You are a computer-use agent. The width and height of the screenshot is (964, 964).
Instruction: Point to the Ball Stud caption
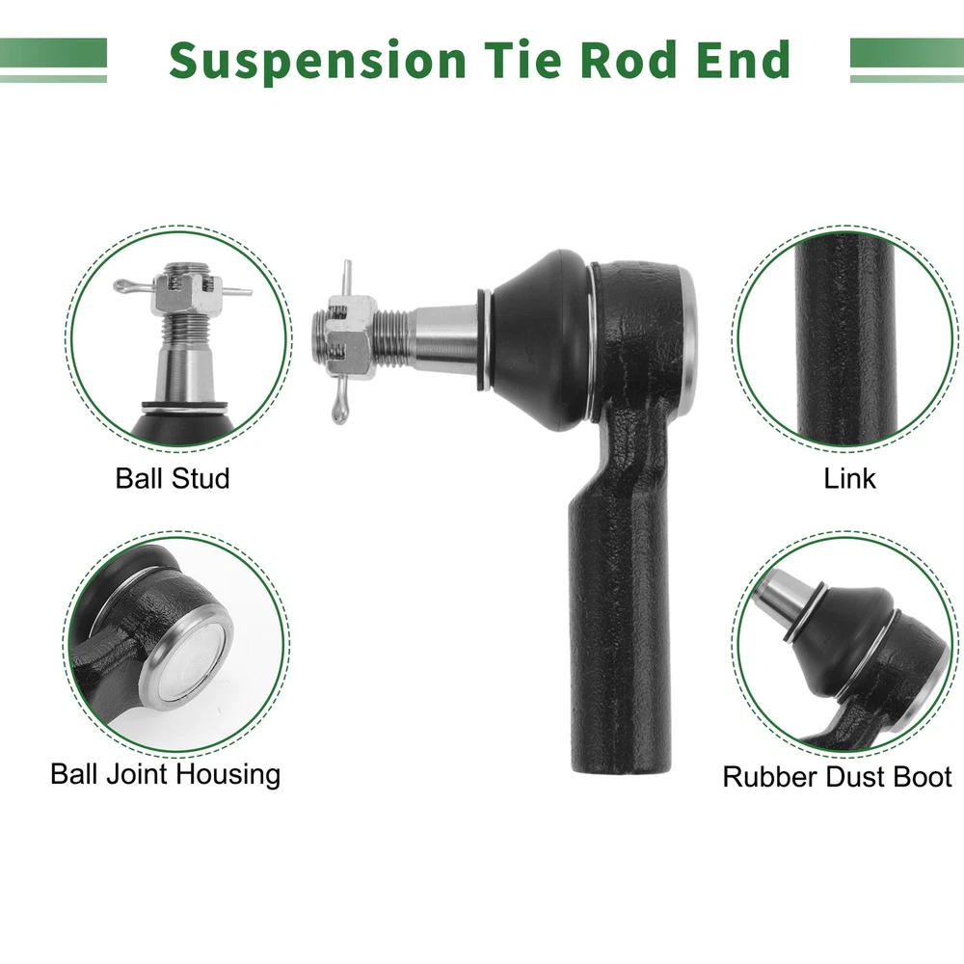(x=173, y=478)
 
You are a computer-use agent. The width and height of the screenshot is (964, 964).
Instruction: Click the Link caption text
(x=849, y=478)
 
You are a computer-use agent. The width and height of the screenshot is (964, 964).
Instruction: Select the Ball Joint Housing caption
(x=166, y=775)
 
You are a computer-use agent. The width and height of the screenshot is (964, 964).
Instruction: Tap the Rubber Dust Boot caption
(x=838, y=776)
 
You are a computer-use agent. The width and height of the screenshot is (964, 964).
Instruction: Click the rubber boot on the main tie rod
(x=540, y=338)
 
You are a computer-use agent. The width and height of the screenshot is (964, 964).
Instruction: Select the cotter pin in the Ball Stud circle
(x=182, y=287)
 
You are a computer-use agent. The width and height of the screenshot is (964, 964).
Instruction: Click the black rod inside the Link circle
(x=847, y=339)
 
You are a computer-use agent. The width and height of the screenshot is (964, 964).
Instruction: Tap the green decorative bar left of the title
(x=53, y=60)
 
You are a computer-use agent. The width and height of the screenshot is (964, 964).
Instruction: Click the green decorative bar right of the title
(x=907, y=60)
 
